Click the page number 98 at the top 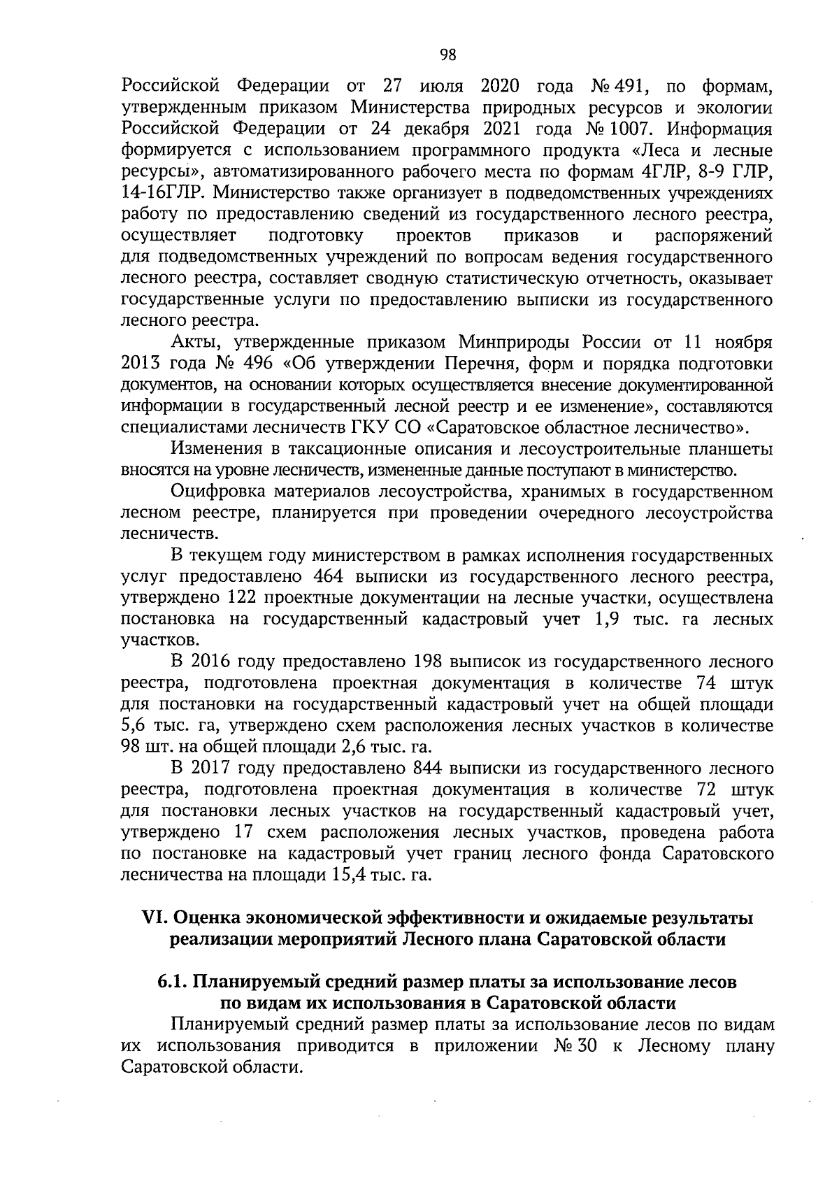(447, 55)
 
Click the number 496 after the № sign (261, 364)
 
